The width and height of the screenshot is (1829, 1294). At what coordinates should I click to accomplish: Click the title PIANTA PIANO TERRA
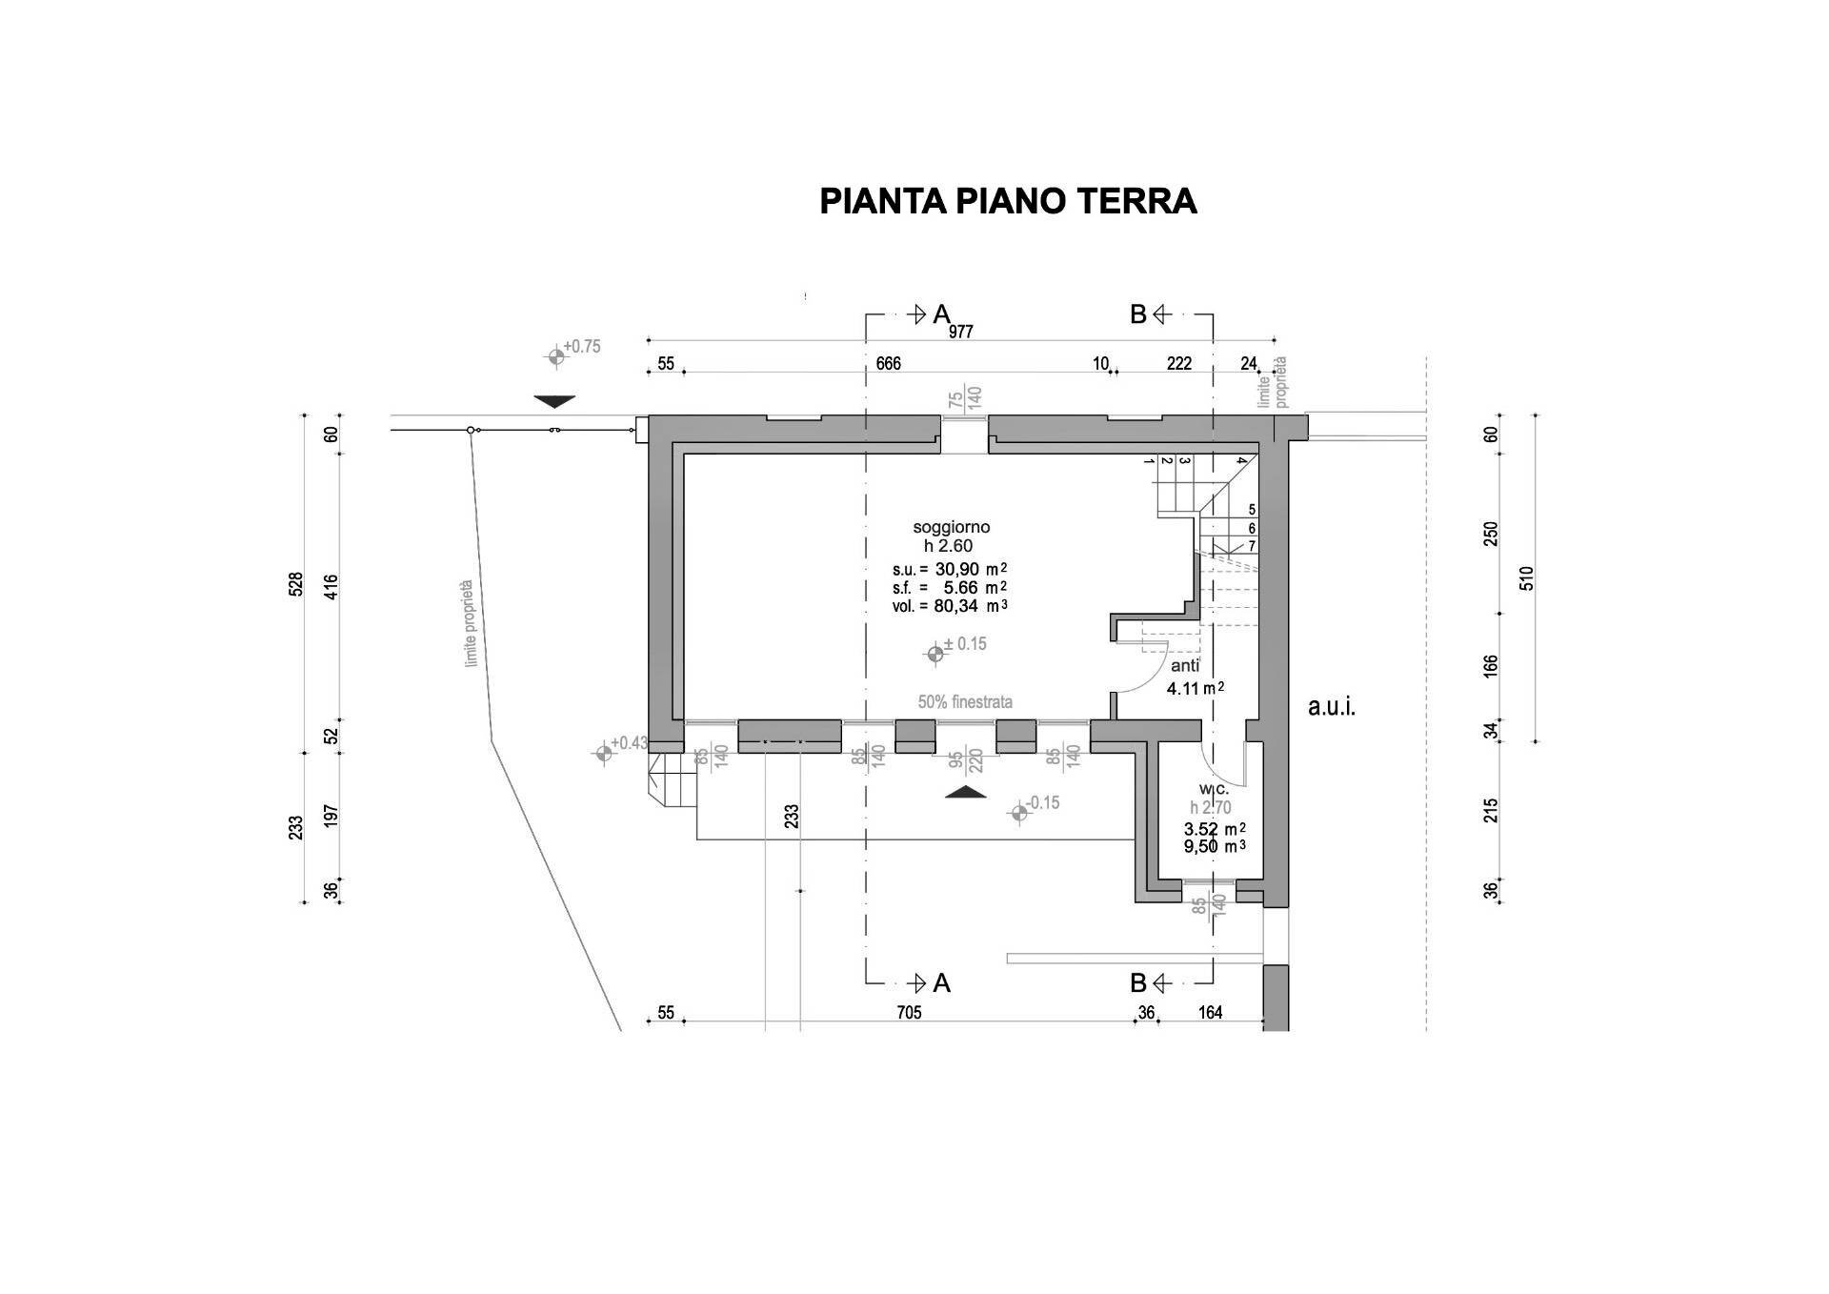pos(1008,201)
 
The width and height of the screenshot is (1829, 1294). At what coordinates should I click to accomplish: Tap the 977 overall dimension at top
pos(960,333)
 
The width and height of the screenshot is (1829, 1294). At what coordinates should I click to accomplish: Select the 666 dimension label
pos(888,364)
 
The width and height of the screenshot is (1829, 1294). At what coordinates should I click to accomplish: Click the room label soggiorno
pos(951,527)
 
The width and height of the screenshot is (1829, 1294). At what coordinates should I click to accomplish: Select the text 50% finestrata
pos(965,702)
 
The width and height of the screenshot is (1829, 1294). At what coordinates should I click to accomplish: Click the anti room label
pos(1185,666)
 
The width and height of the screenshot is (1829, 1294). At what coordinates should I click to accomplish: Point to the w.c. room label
pos(1215,789)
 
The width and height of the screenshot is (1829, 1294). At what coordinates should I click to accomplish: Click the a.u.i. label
pos(1331,707)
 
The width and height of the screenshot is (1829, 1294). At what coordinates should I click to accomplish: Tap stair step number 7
pos(1252,546)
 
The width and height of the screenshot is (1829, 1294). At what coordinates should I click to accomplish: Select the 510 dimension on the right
pos(1527,577)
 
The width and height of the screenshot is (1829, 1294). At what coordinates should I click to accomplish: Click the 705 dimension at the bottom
pos(909,1013)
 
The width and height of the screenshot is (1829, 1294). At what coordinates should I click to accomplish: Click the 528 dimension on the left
pos(296,584)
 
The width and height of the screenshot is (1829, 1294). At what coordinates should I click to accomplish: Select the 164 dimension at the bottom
pos(1210,1013)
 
